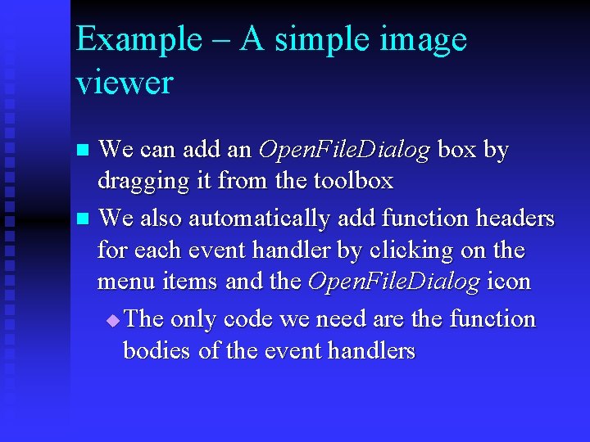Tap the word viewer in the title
[x=125, y=82]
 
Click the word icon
[x=508, y=282]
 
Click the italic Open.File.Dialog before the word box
[x=344, y=151]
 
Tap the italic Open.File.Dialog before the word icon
[x=393, y=282]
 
